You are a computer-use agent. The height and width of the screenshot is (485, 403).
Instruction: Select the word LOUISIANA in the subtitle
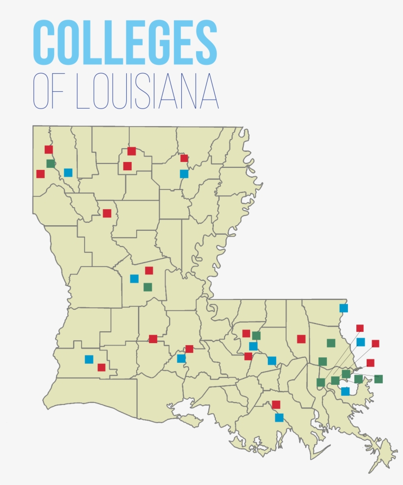pos(147,91)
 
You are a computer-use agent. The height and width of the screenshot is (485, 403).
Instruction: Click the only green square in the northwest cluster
pos(51,163)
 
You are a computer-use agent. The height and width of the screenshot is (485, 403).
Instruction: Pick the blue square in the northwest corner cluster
pos(68,172)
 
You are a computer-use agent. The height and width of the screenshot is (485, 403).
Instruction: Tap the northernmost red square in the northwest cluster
pos(49,149)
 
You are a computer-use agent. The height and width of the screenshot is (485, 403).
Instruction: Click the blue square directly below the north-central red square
pos(184,173)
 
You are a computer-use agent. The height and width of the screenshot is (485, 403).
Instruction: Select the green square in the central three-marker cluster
pos(148,287)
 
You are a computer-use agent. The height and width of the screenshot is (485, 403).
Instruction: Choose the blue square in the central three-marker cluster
pos(134,278)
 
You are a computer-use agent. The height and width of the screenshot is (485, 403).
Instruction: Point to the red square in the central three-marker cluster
pos(149,270)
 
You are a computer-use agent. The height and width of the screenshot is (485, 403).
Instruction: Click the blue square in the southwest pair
pos(89,359)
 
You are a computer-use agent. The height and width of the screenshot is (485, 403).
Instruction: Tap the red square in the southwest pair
pos(101,367)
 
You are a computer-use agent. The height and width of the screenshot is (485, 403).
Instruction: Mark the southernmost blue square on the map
pos(279,418)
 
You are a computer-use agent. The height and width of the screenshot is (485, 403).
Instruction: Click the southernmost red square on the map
pos(276,404)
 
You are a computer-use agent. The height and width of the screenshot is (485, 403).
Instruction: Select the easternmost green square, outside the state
pos(378,378)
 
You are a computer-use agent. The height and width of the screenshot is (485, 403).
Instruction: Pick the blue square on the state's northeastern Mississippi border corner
pos(344,308)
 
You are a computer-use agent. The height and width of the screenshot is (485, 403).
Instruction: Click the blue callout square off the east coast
pos(361,342)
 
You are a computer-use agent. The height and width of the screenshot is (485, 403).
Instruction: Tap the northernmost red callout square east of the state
pos(360,328)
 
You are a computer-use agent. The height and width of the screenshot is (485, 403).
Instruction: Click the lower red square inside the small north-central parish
pos(127,166)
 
